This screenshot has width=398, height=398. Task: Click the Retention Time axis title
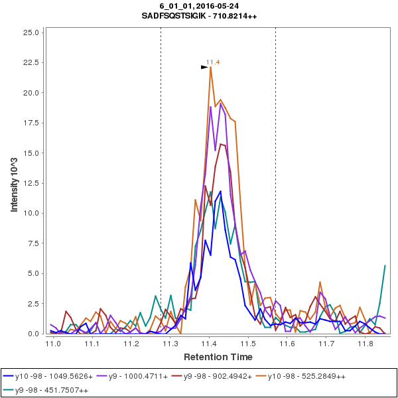209,357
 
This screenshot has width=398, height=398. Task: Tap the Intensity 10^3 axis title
14,182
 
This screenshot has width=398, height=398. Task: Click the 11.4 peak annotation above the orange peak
213,62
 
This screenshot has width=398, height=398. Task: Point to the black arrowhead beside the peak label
205,67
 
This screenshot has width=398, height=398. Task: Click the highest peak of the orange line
210,68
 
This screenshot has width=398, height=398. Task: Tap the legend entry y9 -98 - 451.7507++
51,390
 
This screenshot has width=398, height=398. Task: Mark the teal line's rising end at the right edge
385,266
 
